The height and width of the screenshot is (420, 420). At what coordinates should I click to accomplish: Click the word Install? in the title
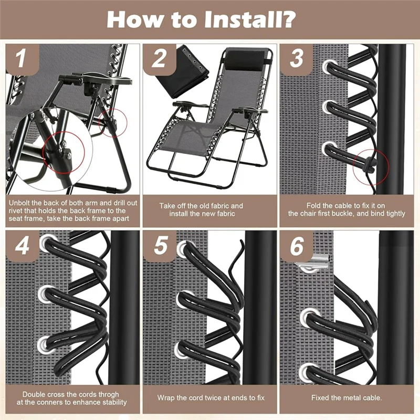(250, 19)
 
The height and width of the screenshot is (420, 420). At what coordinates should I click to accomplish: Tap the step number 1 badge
(23, 59)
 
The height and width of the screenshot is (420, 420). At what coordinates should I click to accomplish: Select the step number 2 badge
(160, 59)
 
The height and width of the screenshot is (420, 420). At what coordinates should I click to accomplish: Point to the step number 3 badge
(296, 59)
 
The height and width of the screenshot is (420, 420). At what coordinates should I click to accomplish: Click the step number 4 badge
(23, 246)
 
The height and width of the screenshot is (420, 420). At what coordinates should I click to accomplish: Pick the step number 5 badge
(160, 246)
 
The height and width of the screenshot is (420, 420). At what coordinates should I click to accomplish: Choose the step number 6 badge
(297, 246)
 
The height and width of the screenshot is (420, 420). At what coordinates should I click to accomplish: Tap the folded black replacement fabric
(182, 71)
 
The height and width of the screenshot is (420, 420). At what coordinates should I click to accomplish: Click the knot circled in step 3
(371, 163)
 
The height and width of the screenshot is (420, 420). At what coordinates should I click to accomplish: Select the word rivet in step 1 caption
(16, 211)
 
